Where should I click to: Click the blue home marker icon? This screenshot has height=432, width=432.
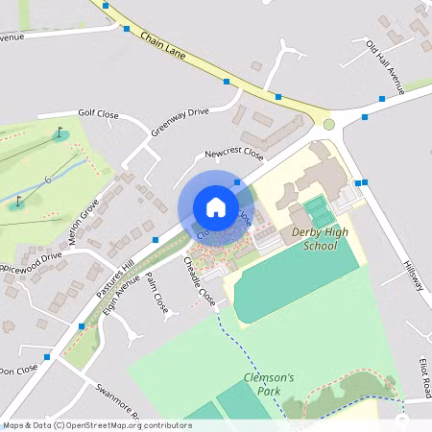pos(216,206)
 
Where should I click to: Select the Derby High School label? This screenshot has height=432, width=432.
pos(314,239)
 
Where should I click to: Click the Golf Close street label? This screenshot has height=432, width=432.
pos(98,114)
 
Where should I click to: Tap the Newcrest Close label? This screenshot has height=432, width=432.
pos(233,154)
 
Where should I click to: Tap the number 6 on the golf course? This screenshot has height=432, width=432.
pos(45,180)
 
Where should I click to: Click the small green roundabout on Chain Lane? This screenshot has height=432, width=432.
pos(328,124)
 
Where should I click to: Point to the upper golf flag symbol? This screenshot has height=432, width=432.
pos(60,132)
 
